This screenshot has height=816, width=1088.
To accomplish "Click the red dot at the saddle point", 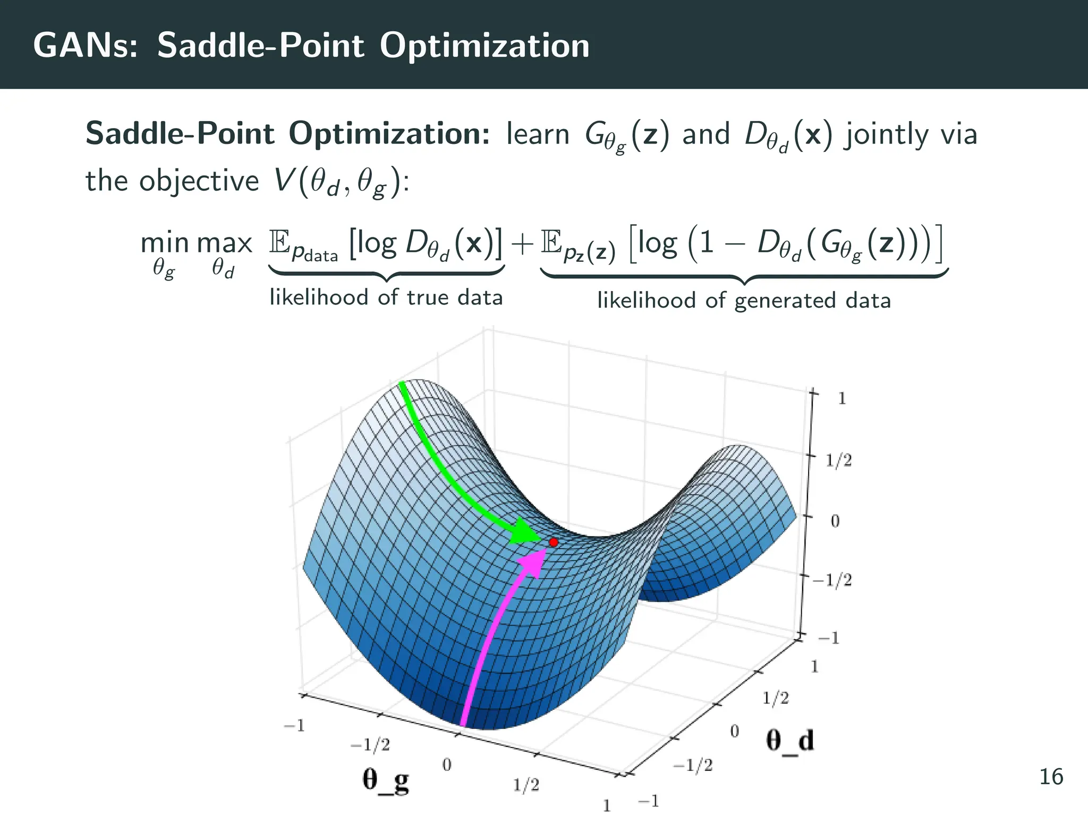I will point(554,542).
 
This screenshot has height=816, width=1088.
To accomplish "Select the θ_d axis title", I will point(789,740).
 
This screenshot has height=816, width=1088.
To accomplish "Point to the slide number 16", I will point(1051,777).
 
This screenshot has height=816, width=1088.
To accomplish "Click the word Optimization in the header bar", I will point(484,46).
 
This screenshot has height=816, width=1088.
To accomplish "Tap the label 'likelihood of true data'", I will point(386,297).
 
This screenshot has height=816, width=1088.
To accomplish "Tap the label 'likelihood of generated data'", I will point(744,301).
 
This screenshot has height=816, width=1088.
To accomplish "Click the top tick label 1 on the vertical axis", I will point(841,398).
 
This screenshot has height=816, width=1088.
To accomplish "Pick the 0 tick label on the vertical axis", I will point(835,521).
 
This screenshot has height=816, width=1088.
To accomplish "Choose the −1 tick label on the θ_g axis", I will point(294,726).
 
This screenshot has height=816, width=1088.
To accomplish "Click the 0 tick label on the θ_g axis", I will point(447,765).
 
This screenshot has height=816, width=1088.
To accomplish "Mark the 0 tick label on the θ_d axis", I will point(734,732).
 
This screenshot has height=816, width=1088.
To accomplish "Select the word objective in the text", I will point(199,182).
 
